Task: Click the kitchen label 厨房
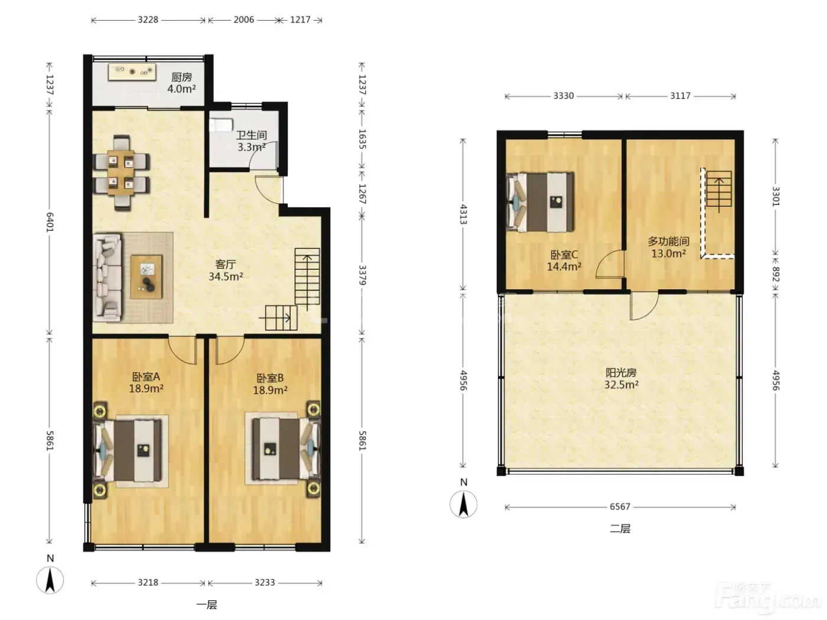click(181, 77)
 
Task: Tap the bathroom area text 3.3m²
click(252, 147)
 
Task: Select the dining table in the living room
click(121, 172)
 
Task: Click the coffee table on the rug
click(146, 277)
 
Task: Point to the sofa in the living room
click(108, 278)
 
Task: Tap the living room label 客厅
click(226, 265)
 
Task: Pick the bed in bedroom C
click(541, 202)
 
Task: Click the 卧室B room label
click(270, 378)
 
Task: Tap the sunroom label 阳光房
click(621, 373)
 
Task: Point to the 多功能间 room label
click(669, 241)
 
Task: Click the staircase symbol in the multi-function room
click(719, 190)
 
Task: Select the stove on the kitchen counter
click(132, 71)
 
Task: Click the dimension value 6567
click(620, 507)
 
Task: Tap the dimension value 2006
click(244, 19)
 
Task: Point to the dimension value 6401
click(50, 222)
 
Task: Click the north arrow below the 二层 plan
click(464, 504)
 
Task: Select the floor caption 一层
click(207, 605)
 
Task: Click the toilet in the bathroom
click(222, 125)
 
